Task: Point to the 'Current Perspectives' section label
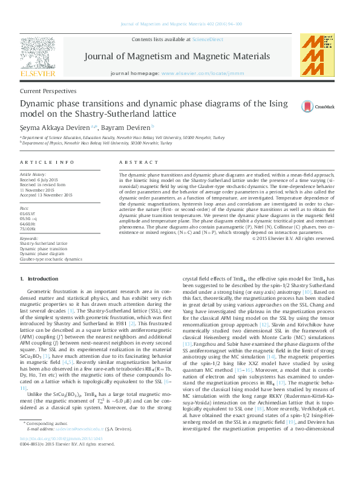pos(48,91)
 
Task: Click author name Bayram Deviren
pos(133,127)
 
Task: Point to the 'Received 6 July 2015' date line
pos(43,180)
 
